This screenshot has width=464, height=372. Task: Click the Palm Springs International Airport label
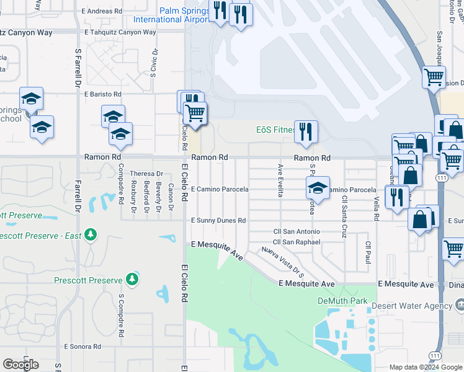point(184,15)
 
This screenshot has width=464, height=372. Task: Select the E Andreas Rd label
point(102,11)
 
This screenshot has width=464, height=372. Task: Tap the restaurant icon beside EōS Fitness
point(306,131)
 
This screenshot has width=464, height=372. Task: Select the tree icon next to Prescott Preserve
point(132,280)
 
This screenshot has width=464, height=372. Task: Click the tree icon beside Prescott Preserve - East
point(91,235)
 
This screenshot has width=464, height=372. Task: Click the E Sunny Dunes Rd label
point(218,220)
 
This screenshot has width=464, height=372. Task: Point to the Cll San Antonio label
point(297,232)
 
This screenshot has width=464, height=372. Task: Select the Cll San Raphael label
point(297,242)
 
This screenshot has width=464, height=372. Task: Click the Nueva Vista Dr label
point(283,261)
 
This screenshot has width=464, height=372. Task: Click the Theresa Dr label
point(146,174)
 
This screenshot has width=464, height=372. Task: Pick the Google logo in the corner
point(20,365)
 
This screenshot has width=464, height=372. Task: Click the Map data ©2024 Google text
point(425,367)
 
